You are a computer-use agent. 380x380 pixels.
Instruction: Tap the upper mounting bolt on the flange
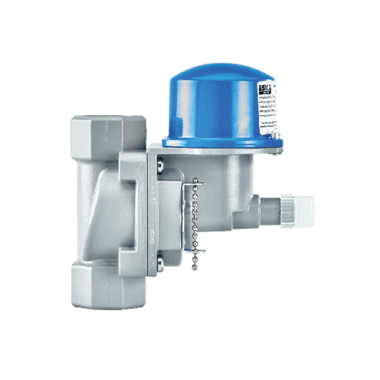point(159,166)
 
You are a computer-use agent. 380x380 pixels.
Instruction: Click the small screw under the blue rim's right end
point(276,152)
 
